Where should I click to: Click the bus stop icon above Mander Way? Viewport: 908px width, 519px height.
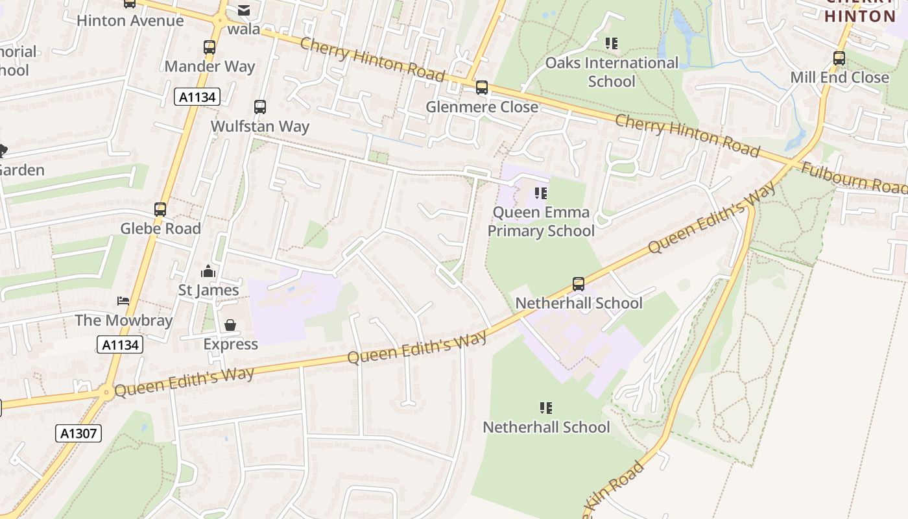[x=209, y=47]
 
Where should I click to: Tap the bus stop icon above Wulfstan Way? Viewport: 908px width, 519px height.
[x=260, y=107]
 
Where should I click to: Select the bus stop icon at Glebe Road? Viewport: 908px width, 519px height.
[x=160, y=210]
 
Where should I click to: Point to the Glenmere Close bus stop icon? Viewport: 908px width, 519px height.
[x=481, y=88]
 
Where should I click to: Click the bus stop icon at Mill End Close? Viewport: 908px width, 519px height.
[x=839, y=58]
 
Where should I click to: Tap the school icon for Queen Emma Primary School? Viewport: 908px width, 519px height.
[x=541, y=193]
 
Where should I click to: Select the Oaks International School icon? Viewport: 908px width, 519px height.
[x=611, y=43]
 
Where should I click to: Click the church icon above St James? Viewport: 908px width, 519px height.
[x=208, y=271]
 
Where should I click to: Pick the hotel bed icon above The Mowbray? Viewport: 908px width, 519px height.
[x=123, y=300]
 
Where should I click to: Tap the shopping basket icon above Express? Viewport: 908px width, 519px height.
[x=230, y=325]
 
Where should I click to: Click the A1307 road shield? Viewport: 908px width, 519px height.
[x=78, y=433]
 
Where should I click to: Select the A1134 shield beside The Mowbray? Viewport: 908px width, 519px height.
[x=120, y=344]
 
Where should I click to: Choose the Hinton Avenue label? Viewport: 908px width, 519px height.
[x=130, y=21]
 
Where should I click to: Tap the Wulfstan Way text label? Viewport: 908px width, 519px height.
[x=260, y=127]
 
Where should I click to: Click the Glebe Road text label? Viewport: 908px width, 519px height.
[x=160, y=228]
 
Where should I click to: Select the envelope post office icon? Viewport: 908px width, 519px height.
[x=244, y=10]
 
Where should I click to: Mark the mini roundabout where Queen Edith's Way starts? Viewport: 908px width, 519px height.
[x=105, y=392]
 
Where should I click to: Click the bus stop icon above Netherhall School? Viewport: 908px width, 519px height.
[x=578, y=284]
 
